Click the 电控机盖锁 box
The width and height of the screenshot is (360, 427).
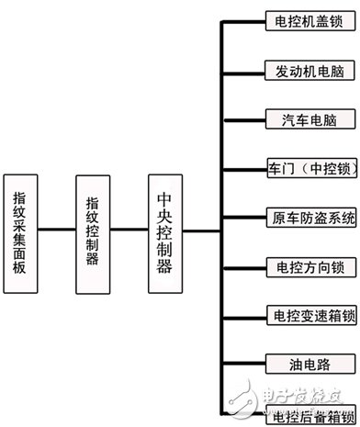[298, 19]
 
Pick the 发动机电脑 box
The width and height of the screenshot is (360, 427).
[298, 69]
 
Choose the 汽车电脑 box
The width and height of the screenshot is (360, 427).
[298, 118]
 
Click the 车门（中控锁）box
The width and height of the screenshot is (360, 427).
[298, 168]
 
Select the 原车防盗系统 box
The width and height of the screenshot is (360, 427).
[298, 218]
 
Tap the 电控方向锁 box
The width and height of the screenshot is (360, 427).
[298, 267]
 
